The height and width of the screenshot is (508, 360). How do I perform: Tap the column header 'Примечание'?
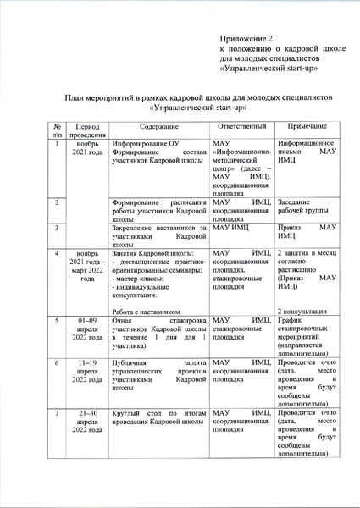point(306,125)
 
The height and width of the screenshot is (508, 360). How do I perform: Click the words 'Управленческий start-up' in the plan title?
point(197,108)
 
